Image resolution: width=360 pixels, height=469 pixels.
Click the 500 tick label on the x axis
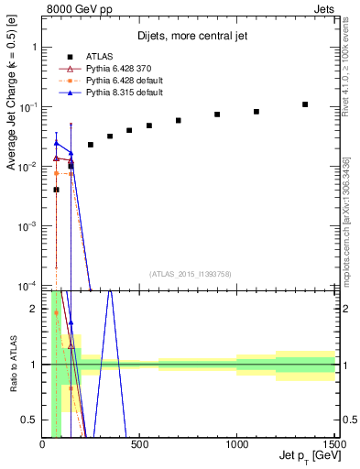[140, 445]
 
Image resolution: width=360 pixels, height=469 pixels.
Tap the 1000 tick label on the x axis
[236, 445]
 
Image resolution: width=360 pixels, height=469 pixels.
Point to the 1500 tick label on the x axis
[333, 445]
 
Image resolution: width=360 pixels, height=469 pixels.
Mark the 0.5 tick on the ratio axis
[31, 420]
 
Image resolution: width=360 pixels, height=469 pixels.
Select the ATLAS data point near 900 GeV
[217, 115]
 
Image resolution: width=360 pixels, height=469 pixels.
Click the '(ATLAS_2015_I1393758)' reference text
[189, 274]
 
